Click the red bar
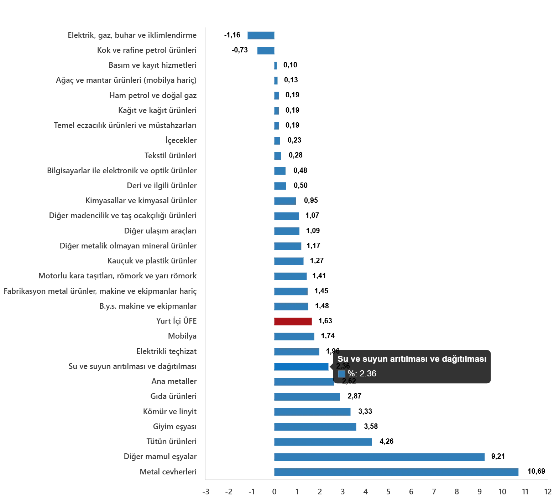point(293,321)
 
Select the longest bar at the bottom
point(397,472)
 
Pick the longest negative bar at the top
point(261,36)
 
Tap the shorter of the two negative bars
point(266,51)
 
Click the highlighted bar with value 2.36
point(302,366)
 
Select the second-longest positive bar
point(380,456)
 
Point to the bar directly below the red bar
point(294,336)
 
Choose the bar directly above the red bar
point(292,306)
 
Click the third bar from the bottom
point(323,442)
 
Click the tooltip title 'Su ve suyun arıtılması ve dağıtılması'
point(412,359)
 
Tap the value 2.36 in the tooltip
point(368,374)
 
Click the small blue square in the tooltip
point(342,374)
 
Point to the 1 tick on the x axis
point(297,492)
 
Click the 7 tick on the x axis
point(434,492)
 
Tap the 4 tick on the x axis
point(366,492)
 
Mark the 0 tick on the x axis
point(274,492)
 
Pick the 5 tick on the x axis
point(388,492)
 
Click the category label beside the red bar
point(176,321)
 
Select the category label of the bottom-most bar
point(168,472)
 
